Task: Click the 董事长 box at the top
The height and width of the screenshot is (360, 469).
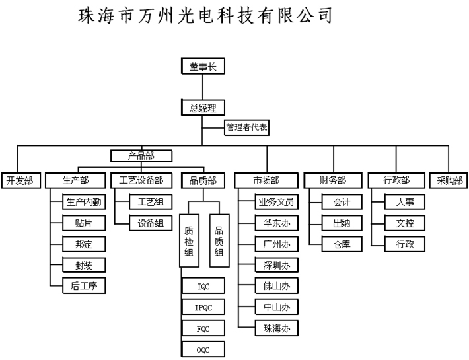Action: click(x=203, y=66)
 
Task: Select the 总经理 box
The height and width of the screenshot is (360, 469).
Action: click(x=203, y=108)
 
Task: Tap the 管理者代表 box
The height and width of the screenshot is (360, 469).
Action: click(x=247, y=127)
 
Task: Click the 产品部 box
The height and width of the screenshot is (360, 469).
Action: click(x=141, y=156)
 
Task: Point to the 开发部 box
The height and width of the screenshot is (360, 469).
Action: click(x=21, y=180)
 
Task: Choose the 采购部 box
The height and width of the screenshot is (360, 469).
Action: click(x=449, y=180)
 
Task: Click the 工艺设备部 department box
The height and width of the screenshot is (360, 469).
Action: click(x=141, y=180)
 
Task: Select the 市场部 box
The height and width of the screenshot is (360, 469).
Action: click(x=266, y=180)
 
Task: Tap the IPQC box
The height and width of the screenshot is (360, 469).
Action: click(x=203, y=307)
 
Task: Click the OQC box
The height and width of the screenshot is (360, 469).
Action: click(x=203, y=349)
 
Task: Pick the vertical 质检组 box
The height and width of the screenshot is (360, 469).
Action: click(x=189, y=240)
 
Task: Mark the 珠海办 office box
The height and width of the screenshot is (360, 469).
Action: click(x=277, y=328)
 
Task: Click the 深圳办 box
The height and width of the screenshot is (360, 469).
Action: click(x=277, y=265)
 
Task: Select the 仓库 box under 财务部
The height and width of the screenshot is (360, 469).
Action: click(x=342, y=244)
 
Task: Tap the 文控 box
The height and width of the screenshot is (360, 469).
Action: click(x=405, y=223)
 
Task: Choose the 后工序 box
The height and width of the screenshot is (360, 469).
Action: click(x=84, y=286)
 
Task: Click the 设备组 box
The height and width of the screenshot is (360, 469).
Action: click(x=151, y=223)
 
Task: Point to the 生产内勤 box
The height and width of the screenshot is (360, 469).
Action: click(x=84, y=202)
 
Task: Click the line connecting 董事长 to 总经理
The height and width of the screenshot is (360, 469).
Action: click(x=203, y=87)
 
